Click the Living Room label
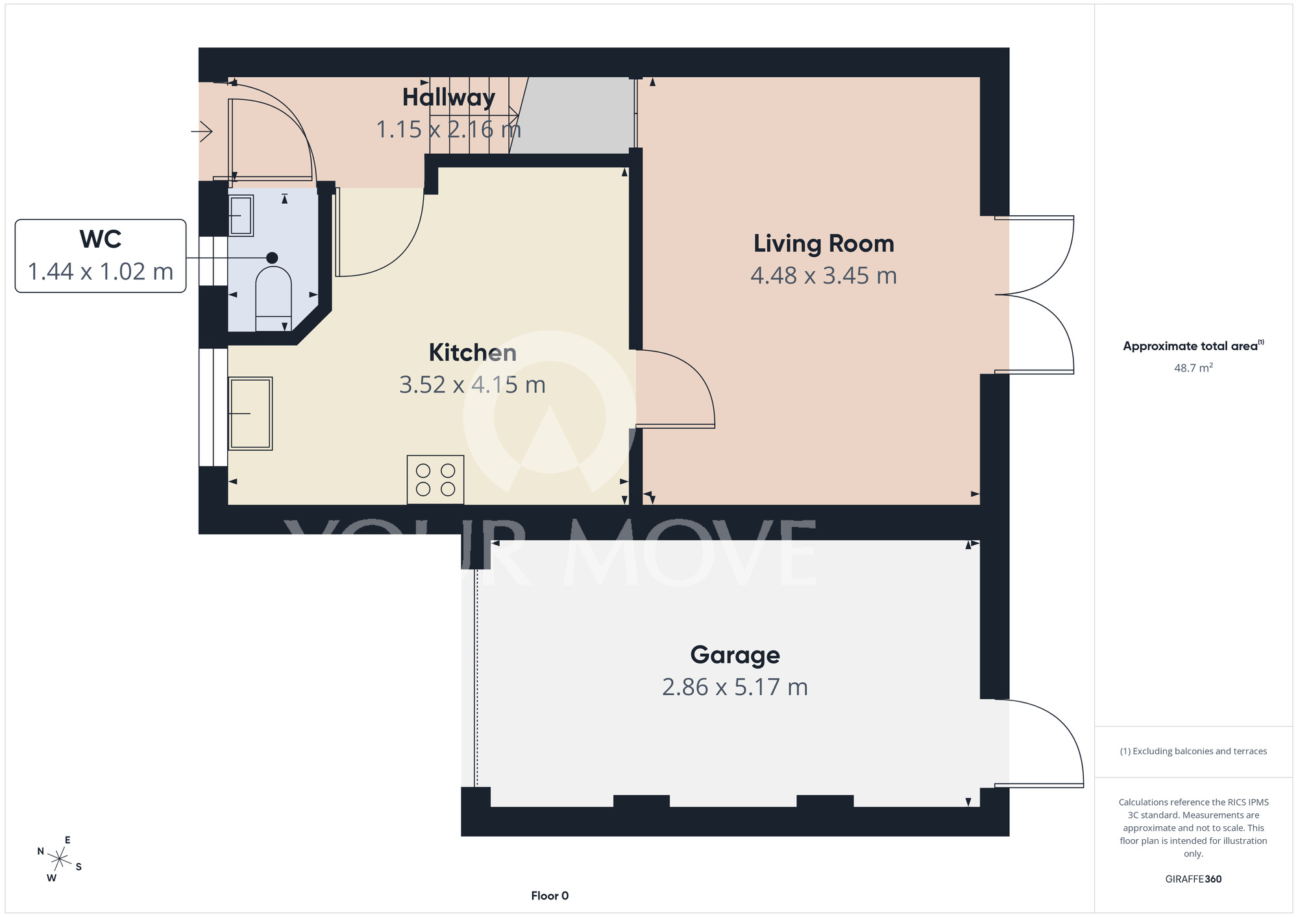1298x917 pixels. pyautogui.click(x=824, y=244)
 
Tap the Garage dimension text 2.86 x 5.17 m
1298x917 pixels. pyautogui.click(x=735, y=687)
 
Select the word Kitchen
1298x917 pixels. pyautogui.click(x=472, y=353)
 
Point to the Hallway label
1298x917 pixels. pyautogui.click(x=448, y=98)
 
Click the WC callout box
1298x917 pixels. pyautogui.click(x=101, y=256)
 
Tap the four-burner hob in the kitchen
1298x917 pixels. pyautogui.click(x=435, y=480)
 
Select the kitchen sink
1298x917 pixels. pyautogui.click(x=251, y=414)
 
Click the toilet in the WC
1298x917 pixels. pyautogui.click(x=273, y=299)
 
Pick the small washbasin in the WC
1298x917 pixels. pyautogui.click(x=241, y=215)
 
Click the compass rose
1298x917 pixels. pyautogui.click(x=59, y=860)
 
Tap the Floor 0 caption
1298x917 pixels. pyautogui.click(x=550, y=896)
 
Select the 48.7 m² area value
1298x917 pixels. pyautogui.click(x=1194, y=368)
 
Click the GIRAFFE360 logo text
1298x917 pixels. pyautogui.click(x=1194, y=879)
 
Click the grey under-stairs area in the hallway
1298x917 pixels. pyautogui.click(x=572, y=115)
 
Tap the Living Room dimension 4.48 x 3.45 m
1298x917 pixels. pyautogui.click(x=824, y=276)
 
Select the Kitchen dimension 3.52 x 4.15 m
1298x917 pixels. pyautogui.click(x=472, y=385)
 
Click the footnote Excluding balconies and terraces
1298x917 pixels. pyautogui.click(x=1194, y=751)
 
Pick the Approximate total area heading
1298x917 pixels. pyautogui.click(x=1194, y=346)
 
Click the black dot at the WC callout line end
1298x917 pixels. pyautogui.click(x=272, y=258)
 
